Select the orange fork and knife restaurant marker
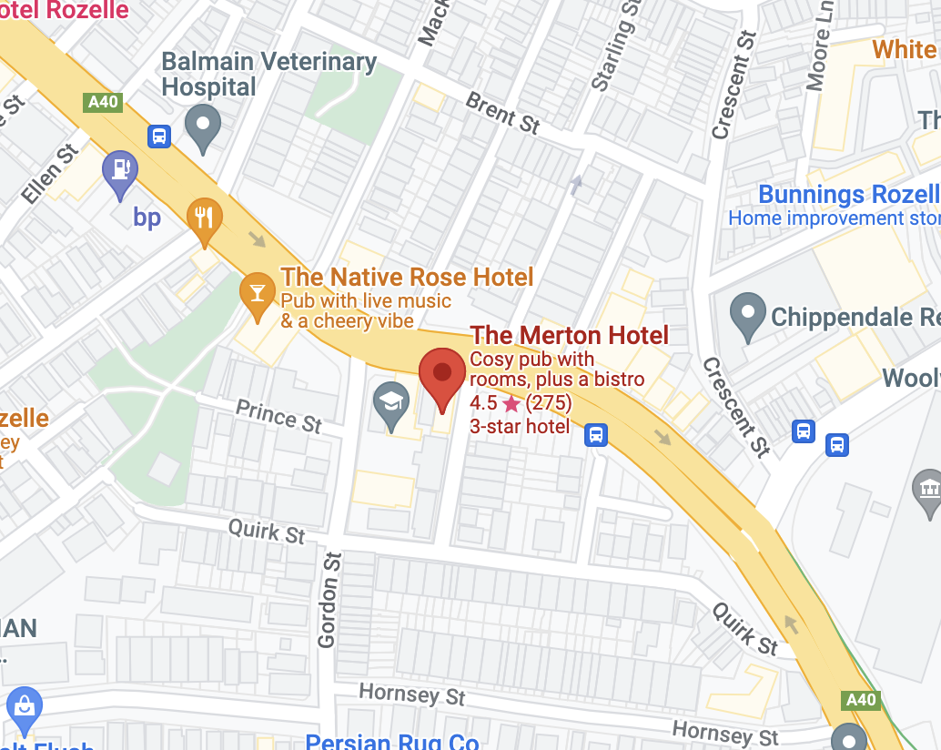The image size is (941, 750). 204,219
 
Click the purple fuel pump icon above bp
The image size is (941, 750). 120,171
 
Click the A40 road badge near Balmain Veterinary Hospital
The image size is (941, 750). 103,102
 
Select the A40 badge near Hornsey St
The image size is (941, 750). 860,699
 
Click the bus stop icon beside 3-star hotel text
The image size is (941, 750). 596,434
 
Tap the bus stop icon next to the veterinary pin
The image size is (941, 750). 159,137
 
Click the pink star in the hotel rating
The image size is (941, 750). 511,403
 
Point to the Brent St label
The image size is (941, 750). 503,113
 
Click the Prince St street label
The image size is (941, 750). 279,415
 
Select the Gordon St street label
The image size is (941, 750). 329,600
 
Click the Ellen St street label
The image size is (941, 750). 52,172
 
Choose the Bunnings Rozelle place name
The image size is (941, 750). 848,194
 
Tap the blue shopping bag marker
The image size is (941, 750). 24,707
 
